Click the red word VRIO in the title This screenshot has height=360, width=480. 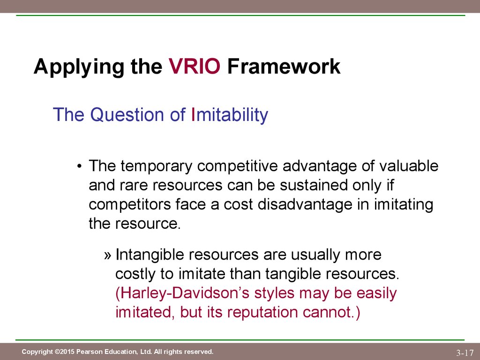pyautogui.click(x=195, y=66)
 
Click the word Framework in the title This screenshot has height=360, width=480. pyautogui.click(x=284, y=66)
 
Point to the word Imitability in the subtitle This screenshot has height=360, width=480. pyautogui.click(x=229, y=115)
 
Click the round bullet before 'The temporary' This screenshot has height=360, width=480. pyautogui.click(x=80, y=167)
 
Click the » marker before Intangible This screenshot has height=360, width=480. pyautogui.click(x=107, y=255)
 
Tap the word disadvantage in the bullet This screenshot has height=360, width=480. pyautogui.click(x=305, y=205)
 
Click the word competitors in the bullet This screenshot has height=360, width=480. pyautogui.click(x=130, y=205)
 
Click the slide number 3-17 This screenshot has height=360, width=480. pyautogui.click(x=465, y=352)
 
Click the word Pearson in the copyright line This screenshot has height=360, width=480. pyautogui.click(x=89, y=352)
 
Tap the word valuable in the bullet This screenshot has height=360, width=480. pyautogui.click(x=409, y=166)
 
